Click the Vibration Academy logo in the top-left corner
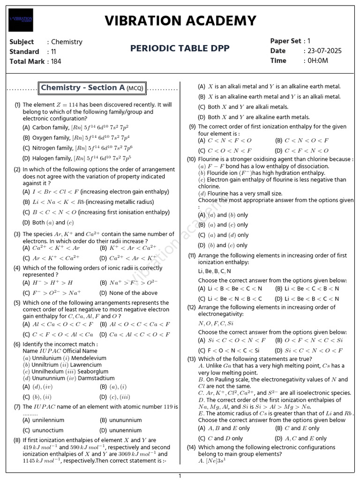21,20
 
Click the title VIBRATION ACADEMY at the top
180,21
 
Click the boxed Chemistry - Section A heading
92,88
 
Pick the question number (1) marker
17,105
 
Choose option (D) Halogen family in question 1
75,158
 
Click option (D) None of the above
128,293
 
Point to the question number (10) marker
191,159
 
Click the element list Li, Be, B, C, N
215,271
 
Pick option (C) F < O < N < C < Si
229,350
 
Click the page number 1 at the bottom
180,476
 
